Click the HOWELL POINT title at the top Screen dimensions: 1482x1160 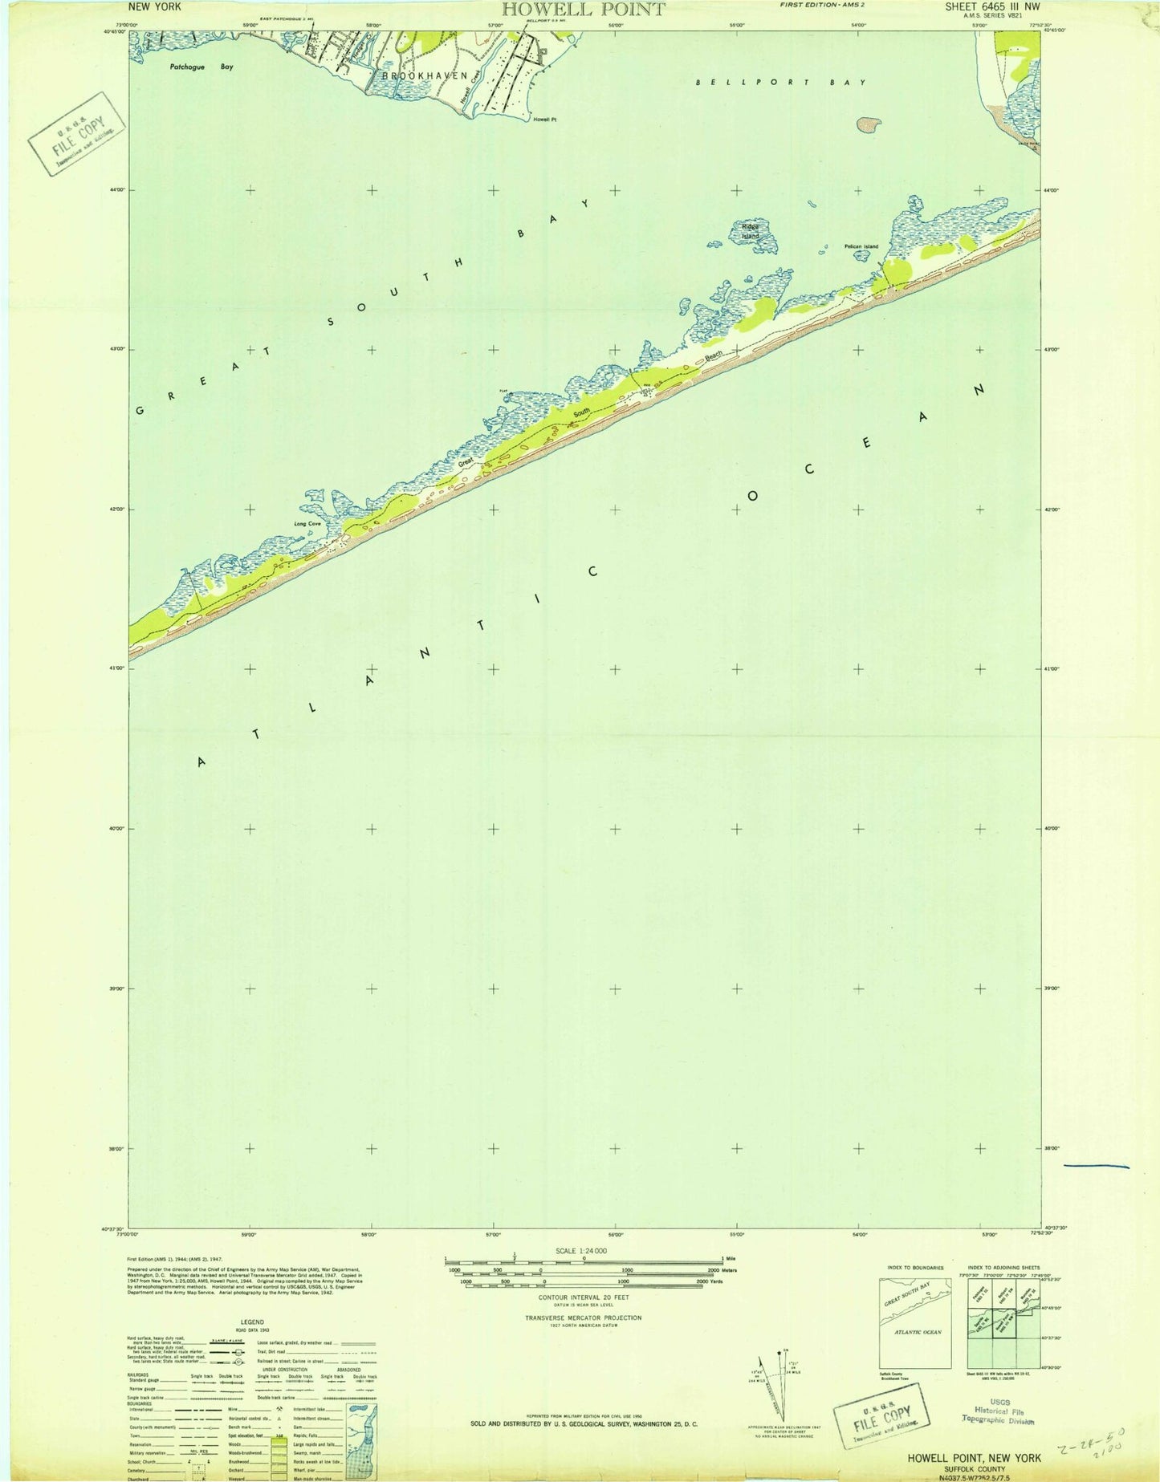(x=583, y=10)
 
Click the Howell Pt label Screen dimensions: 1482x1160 (x=543, y=119)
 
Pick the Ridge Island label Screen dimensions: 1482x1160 (x=750, y=231)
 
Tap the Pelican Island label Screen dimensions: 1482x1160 (x=861, y=246)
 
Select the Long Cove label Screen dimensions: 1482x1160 (x=307, y=526)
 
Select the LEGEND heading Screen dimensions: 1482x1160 (x=252, y=1322)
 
